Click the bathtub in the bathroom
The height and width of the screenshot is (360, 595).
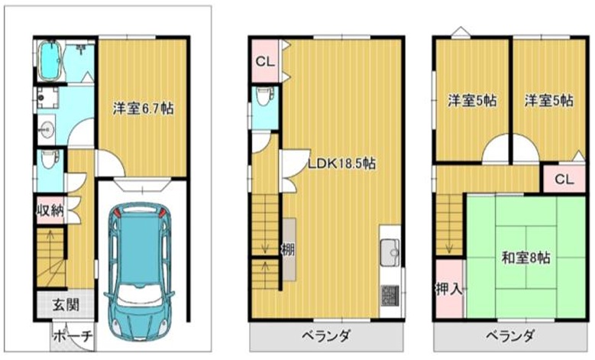(x=50, y=60)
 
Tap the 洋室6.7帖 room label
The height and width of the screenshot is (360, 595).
(x=143, y=109)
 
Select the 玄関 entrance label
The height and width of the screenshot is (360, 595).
(x=66, y=304)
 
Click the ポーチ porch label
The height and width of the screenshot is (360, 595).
(x=73, y=336)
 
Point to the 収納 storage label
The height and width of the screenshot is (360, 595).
(x=50, y=209)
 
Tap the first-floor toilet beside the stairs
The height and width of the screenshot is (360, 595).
(x=50, y=160)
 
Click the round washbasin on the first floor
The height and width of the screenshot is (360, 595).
(x=47, y=130)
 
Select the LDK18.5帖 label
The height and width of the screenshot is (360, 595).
(x=341, y=164)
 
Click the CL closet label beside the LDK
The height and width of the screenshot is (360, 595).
(x=265, y=61)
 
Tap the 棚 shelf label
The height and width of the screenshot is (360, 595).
(x=288, y=249)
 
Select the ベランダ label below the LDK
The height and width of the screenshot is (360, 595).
(x=326, y=336)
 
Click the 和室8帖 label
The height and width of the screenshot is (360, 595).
(x=526, y=258)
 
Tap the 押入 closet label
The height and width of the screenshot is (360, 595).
(x=449, y=289)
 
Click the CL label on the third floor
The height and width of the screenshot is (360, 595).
(x=564, y=179)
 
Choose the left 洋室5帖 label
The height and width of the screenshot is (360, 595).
(x=472, y=101)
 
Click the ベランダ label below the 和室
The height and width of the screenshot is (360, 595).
(x=510, y=336)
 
